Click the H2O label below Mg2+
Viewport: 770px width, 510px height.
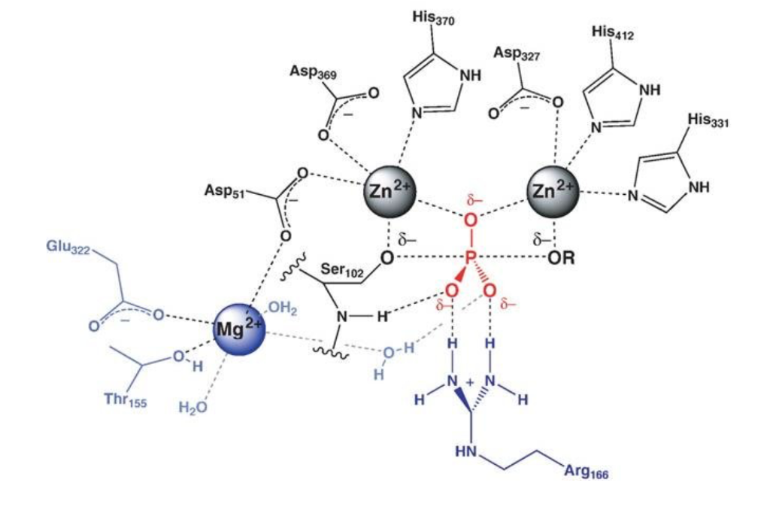[192, 408]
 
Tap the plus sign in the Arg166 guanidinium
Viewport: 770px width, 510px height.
[471, 382]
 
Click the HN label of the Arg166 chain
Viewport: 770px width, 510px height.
[467, 451]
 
